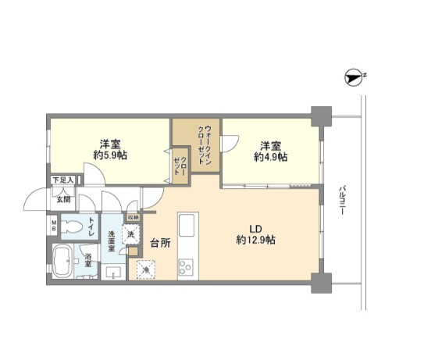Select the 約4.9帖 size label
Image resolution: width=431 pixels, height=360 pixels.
pyautogui.click(x=270, y=156)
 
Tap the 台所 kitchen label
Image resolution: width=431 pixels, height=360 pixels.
pyautogui.click(x=160, y=243)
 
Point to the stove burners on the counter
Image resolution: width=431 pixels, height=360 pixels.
pyautogui.click(x=187, y=267)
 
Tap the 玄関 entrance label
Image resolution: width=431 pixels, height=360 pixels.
pyautogui.click(x=62, y=199)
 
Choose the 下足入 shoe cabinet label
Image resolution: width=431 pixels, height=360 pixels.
pyautogui.click(x=62, y=180)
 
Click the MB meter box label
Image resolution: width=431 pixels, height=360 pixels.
pyautogui.click(x=54, y=227)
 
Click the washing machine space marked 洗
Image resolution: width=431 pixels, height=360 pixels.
pyautogui.click(x=132, y=232)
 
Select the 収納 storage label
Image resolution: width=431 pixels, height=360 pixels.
pyautogui.click(x=133, y=217)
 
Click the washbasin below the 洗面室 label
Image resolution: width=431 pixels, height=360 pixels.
pyautogui.click(x=114, y=273)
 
